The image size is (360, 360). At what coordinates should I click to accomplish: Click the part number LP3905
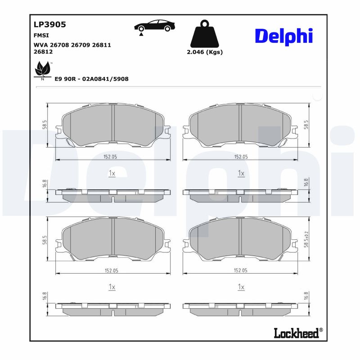(x=50, y=25)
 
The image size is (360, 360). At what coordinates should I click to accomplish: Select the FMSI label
(x=41, y=35)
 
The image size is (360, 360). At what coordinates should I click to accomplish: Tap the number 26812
(x=43, y=51)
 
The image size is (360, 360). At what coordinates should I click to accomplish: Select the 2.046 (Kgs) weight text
(x=205, y=52)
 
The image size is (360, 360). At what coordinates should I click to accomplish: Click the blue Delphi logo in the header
(x=283, y=36)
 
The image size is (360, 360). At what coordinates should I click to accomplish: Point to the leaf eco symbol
(x=43, y=70)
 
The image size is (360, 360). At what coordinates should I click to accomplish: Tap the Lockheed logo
(x=296, y=333)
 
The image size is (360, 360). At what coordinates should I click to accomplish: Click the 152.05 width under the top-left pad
(x=111, y=157)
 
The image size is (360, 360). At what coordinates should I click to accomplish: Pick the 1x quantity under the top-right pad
(x=241, y=173)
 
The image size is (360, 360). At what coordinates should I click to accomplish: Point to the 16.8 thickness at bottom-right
(x=306, y=296)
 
